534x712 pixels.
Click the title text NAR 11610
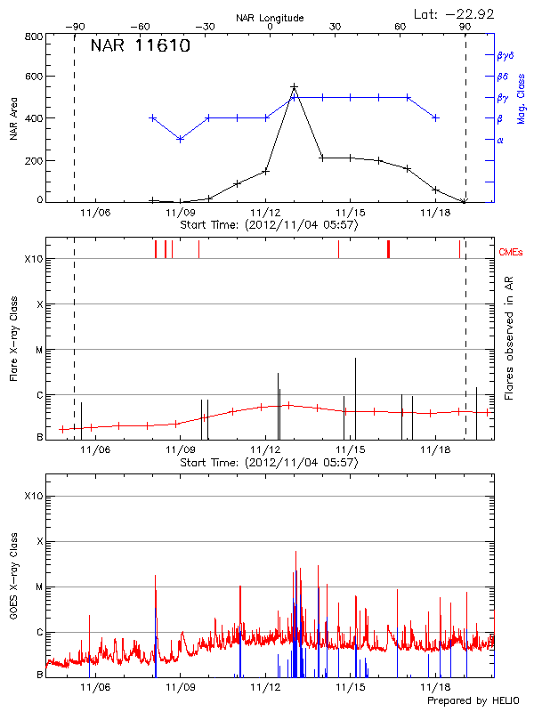click(x=140, y=47)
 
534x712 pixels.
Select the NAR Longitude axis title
click(x=270, y=17)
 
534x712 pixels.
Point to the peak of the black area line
click(x=294, y=87)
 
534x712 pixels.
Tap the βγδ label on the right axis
click(x=505, y=55)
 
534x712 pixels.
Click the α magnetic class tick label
click(x=499, y=140)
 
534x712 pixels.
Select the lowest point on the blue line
click(x=181, y=139)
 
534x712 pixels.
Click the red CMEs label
click(x=511, y=252)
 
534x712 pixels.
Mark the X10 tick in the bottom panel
click(x=33, y=495)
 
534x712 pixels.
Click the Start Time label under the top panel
click(x=269, y=225)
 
